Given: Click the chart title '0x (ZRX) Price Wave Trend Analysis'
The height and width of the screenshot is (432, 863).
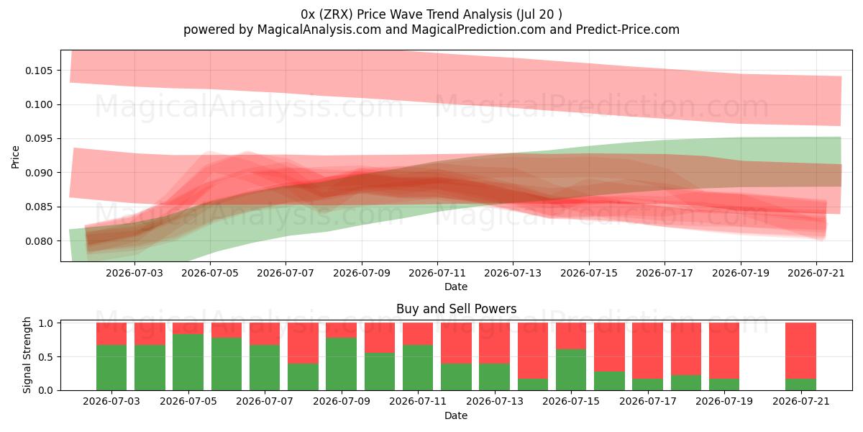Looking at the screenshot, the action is point(406,14).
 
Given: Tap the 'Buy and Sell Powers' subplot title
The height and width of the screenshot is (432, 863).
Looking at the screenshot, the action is point(456,309).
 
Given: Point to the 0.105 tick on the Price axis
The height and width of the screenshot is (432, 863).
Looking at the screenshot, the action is point(39,71).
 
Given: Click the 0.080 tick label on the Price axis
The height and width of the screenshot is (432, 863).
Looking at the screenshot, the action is point(39,241).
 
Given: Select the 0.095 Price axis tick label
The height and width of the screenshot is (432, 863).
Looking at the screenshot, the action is point(39,138).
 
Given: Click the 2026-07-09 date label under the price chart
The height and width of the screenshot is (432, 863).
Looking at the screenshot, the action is point(361,273).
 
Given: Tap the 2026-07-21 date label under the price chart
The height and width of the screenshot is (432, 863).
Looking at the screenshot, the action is point(816,273).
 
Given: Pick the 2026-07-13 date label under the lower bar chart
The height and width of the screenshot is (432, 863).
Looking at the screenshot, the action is point(495,401).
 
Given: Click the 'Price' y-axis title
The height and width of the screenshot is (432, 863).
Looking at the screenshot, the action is point(15,157).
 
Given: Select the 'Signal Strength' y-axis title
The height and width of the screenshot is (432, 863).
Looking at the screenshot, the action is point(27,355).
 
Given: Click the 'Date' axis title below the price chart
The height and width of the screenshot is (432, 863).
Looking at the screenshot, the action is point(456,287).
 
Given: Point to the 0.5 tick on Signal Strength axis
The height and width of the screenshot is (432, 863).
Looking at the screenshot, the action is point(48,357).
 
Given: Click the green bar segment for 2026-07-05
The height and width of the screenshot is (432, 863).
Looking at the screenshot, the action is point(188,362).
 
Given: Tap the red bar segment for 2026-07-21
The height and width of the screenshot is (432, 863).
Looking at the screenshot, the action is point(800,351).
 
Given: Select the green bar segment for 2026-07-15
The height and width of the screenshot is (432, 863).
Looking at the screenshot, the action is point(571,369).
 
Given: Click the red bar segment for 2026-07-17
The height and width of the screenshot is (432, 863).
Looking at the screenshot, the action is point(647,351).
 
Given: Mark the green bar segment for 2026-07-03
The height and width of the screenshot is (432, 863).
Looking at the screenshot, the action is point(111,368).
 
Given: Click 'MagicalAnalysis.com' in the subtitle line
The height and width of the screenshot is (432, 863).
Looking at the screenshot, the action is point(319,30).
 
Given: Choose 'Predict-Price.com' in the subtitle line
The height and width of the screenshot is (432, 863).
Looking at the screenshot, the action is point(628,30).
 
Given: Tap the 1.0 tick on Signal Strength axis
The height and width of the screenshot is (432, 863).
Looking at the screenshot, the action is point(48,323).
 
